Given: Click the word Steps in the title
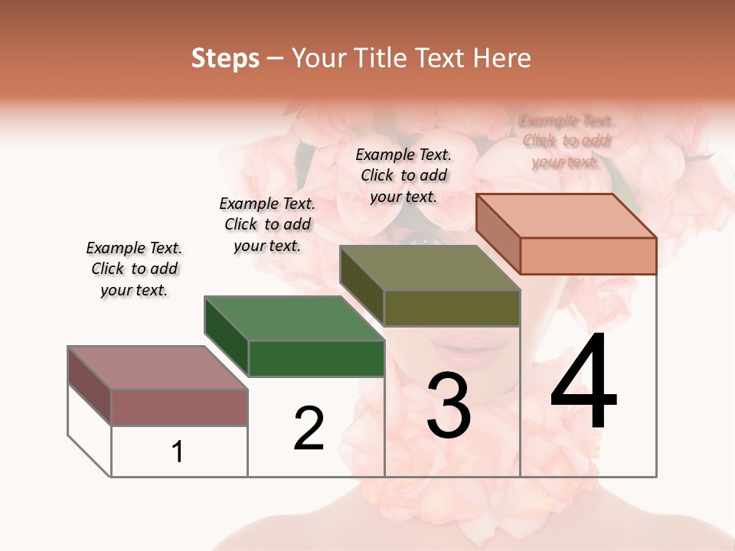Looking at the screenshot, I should click(225, 58).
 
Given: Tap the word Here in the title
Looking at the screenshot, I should click(501, 58).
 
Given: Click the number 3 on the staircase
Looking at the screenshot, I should click(449, 405).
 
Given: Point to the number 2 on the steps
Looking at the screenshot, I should click(309, 429).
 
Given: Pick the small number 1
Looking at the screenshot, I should click(178, 452).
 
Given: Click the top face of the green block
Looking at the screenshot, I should click(294, 318).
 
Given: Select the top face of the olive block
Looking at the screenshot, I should click(430, 268).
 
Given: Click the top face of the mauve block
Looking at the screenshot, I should click(158, 368).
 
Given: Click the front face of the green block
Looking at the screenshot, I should click(316, 358).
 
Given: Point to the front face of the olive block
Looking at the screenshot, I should click(452, 308).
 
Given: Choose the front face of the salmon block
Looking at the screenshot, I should click(588, 256).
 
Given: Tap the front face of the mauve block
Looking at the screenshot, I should click(179, 407).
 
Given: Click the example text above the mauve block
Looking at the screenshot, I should click(134, 269).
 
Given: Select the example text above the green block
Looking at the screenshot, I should click(267, 224).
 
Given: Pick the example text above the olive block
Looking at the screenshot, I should click(403, 175).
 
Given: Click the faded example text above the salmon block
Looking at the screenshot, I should click(567, 141).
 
